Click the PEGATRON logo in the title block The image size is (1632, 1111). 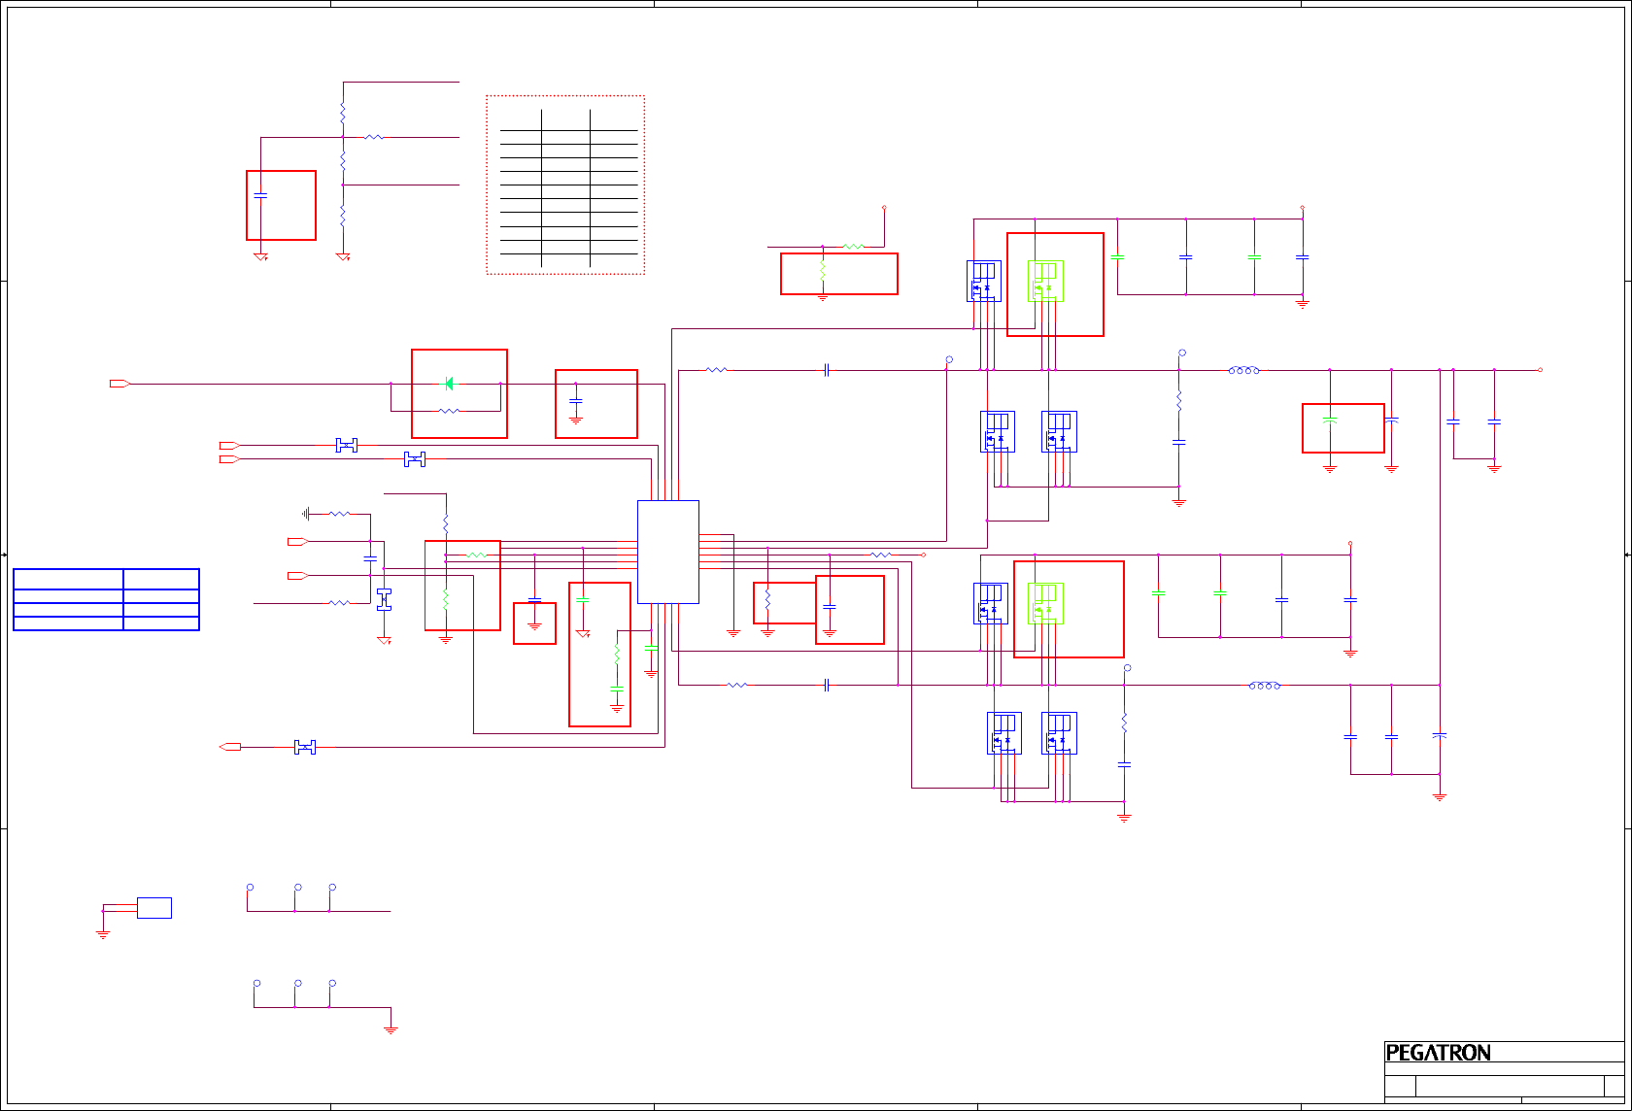1438,1053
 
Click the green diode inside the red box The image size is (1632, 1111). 449,384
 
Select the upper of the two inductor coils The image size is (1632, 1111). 1244,370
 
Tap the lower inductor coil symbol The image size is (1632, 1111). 1264,686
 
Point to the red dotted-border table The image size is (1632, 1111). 565,185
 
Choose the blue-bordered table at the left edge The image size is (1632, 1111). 106,599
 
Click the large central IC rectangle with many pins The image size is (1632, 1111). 667,552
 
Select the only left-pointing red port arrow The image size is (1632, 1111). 230,747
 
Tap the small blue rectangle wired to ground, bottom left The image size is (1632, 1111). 154,908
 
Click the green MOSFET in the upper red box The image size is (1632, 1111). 1045,282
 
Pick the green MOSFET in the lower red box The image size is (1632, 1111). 1045,603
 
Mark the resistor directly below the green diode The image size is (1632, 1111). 449,411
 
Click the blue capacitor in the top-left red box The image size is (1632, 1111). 260,196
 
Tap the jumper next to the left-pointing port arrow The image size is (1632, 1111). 305,747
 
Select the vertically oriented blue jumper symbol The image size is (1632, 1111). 384,599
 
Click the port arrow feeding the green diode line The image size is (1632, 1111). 119,384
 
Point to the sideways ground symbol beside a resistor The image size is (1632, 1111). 306,514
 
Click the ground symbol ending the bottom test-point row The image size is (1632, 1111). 391,1028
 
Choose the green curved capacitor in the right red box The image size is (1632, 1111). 1330,420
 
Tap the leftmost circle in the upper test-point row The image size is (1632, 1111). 250,888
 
